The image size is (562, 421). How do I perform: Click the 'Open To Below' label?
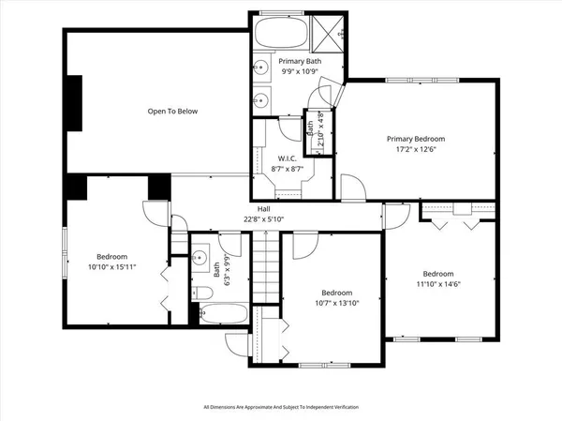tap(171, 112)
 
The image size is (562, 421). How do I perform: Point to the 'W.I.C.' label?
tap(288, 158)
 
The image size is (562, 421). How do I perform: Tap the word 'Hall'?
tap(265, 208)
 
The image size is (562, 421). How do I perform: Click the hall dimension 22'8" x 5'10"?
tap(265, 219)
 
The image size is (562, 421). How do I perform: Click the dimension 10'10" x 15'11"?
tap(113, 267)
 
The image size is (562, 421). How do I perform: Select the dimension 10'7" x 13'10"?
tap(334, 303)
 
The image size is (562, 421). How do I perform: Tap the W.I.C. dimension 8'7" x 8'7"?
tap(288, 169)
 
